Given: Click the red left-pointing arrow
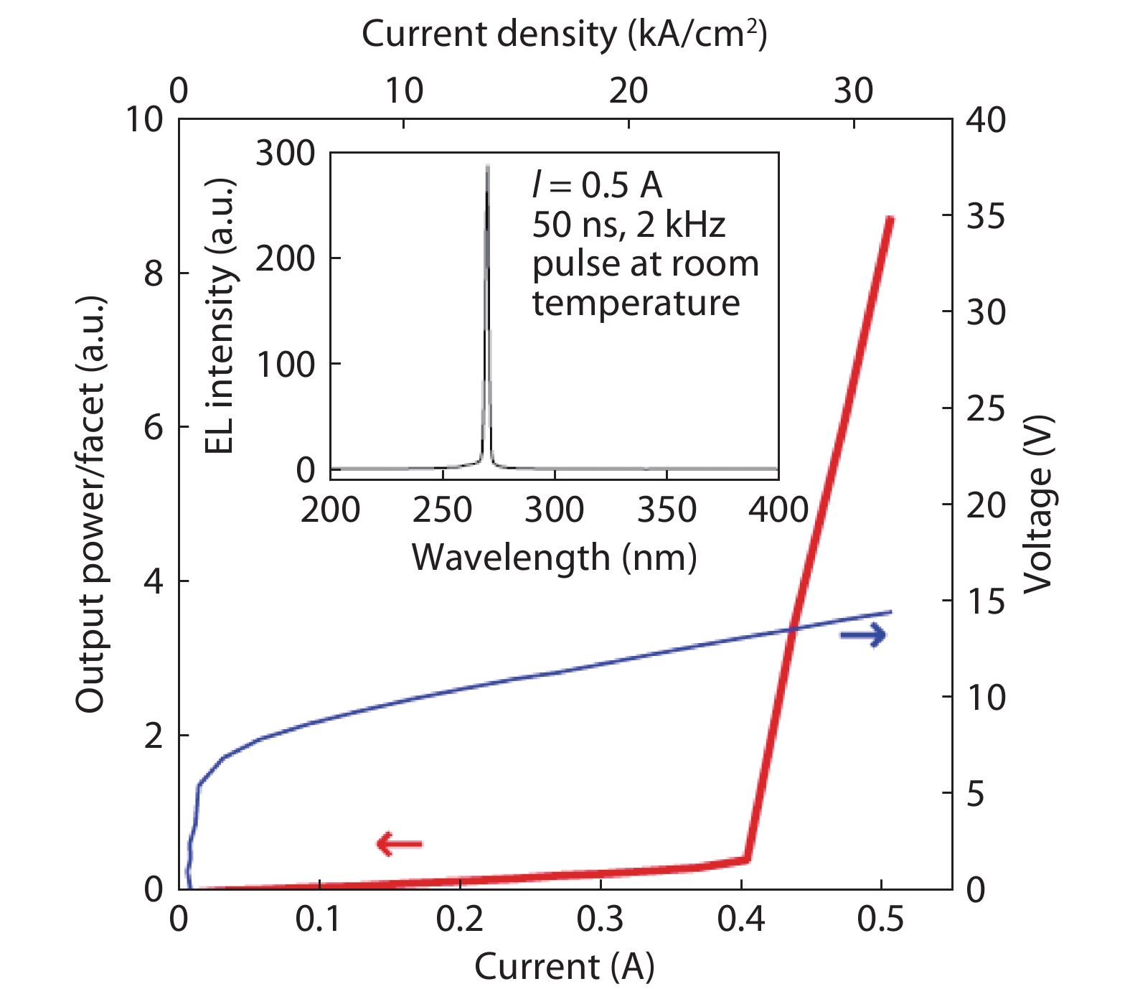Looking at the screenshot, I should coord(400,843).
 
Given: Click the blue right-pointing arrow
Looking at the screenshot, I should coord(863,634).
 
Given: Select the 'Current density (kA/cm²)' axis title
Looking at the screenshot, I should coord(564,34).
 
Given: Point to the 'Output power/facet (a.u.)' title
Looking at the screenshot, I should coord(90,504).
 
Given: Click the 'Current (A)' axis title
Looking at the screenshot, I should coord(564,966).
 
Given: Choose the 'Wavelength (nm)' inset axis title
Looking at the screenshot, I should coord(554,557).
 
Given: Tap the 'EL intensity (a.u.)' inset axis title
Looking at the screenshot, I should coord(220,316).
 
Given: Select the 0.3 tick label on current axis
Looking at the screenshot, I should coord(600,919).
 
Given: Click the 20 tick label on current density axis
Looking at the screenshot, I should coord(628,91).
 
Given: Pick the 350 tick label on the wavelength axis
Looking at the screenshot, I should coord(667,510).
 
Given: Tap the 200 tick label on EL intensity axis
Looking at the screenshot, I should coord(286,258).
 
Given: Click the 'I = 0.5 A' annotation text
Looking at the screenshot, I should coord(597,185).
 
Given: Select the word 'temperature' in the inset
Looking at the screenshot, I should coord(636,303).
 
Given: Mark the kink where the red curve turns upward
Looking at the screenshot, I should coord(747,858).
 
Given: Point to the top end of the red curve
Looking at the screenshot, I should coord(890,218).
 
